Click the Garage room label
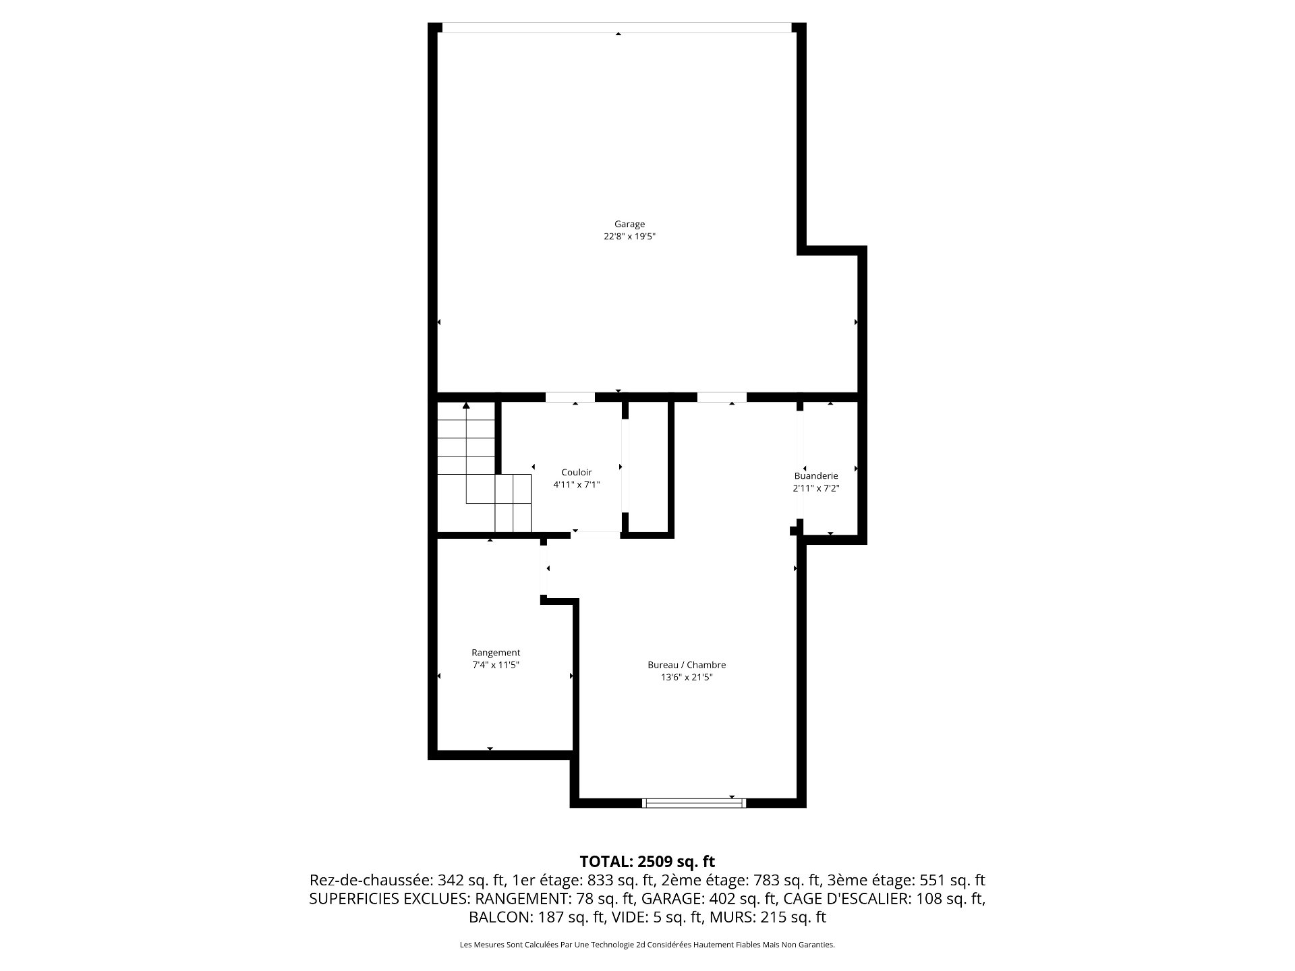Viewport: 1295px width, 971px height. (x=629, y=224)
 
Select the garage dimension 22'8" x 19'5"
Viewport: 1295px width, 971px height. (x=629, y=237)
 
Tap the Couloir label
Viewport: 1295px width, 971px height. (x=577, y=472)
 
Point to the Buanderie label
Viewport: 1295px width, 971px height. (x=816, y=475)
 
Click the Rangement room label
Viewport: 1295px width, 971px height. (x=496, y=653)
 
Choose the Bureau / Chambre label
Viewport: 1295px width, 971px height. (x=687, y=665)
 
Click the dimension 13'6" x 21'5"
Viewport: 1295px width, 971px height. (x=687, y=678)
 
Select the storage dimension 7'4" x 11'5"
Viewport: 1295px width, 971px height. (x=496, y=665)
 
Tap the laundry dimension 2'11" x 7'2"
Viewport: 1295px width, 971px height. (x=816, y=488)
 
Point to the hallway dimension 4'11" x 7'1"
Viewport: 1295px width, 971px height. (x=577, y=485)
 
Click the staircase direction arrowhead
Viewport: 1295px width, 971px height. (x=466, y=405)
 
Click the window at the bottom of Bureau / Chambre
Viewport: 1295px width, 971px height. (x=694, y=802)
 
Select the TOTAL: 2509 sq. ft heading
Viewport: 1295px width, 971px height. (x=647, y=861)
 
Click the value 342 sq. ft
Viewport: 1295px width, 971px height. (x=471, y=880)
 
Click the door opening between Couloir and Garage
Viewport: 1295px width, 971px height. (x=570, y=397)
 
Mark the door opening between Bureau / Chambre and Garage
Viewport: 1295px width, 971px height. (x=722, y=397)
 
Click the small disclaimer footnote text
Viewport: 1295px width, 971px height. (x=647, y=945)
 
